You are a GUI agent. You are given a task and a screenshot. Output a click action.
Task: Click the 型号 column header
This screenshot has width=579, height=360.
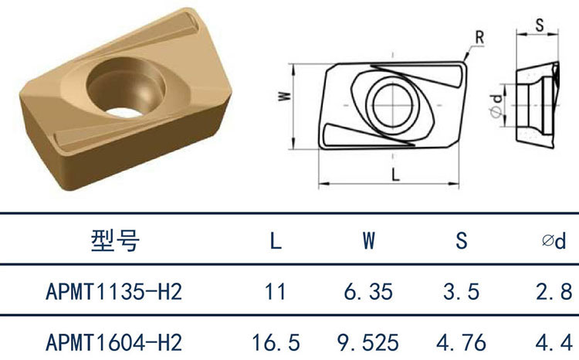[115, 240]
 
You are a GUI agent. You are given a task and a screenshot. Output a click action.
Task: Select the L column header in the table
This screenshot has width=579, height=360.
[276, 241]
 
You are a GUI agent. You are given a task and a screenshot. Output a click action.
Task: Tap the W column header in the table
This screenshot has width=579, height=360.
[368, 241]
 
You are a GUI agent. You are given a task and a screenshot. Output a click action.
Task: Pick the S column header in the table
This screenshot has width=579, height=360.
[461, 240]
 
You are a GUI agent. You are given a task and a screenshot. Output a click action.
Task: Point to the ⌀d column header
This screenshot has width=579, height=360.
[554, 241]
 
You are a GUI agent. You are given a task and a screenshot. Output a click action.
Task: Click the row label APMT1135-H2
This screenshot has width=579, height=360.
[114, 291]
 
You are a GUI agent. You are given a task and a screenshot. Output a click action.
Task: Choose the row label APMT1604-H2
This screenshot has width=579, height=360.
[114, 343]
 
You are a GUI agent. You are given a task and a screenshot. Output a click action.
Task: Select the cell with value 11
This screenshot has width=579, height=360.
[276, 291]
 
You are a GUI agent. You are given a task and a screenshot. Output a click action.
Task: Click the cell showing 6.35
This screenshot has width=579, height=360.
[368, 291]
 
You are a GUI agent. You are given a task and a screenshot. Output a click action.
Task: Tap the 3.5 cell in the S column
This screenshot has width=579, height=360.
[461, 291]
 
